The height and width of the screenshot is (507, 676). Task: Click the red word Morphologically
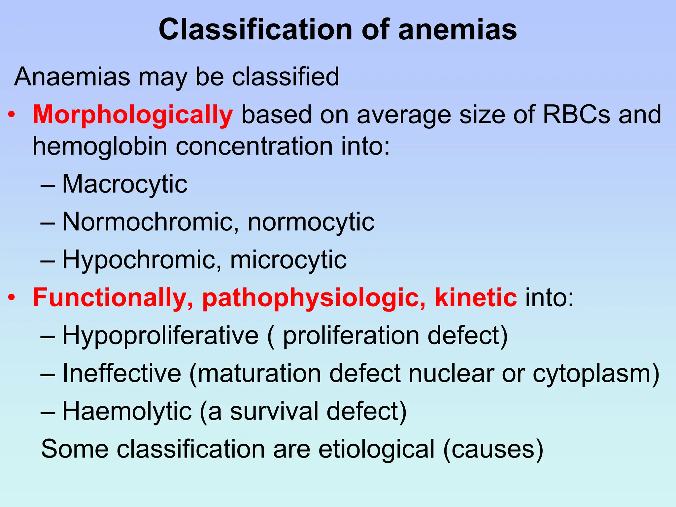pos(133,116)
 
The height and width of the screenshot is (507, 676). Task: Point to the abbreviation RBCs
pos(577,115)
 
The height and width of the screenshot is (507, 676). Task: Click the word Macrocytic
pos(125,184)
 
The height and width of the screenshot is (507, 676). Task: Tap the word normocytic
pos(311,222)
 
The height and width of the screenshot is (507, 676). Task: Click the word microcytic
pos(288,260)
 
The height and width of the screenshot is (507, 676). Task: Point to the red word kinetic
pos(476,297)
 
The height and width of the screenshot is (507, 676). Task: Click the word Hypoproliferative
pos(160,336)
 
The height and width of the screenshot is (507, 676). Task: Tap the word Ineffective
pos(122,373)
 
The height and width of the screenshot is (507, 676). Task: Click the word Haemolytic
pos(127,412)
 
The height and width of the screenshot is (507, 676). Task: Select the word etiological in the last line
pos(376,449)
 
